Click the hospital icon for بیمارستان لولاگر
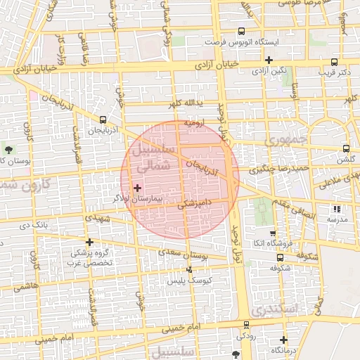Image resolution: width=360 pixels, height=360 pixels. click(137, 188)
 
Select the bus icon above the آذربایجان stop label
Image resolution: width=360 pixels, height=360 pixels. click(103, 120)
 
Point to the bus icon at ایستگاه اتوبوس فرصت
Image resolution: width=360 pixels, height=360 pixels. click(241, 32)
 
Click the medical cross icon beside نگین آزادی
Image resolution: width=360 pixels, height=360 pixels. click(269, 60)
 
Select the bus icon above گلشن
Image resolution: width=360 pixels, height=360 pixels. click(345, 148)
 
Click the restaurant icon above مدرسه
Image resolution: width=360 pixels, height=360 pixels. click(337, 209)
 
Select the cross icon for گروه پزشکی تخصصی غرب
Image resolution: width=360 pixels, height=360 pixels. click(89, 241)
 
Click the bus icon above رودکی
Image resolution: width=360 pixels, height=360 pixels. click(245, 325)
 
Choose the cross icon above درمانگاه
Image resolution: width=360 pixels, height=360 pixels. click(283, 340)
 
